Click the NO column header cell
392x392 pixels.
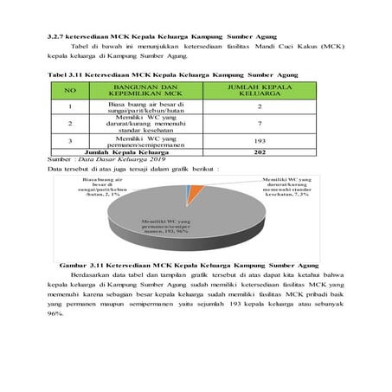[x=71, y=90]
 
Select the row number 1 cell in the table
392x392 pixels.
[x=71, y=106]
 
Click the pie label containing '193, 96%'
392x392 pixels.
[x=167, y=228]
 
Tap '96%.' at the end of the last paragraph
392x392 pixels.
[x=56, y=313]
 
